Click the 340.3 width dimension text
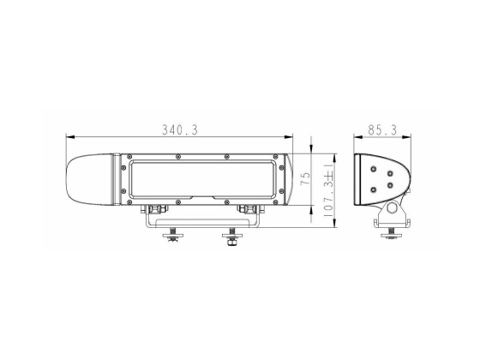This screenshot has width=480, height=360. coord(180,130)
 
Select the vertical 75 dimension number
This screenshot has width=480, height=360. coord(306,181)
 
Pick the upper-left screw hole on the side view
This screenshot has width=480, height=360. coord(372,170)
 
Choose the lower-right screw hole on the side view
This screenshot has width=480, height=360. coord(389,184)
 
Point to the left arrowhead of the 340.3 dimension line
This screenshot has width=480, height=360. coord(71,137)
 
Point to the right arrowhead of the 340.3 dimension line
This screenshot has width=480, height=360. coord(291,137)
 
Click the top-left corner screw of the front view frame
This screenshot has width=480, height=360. coord(129,157)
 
